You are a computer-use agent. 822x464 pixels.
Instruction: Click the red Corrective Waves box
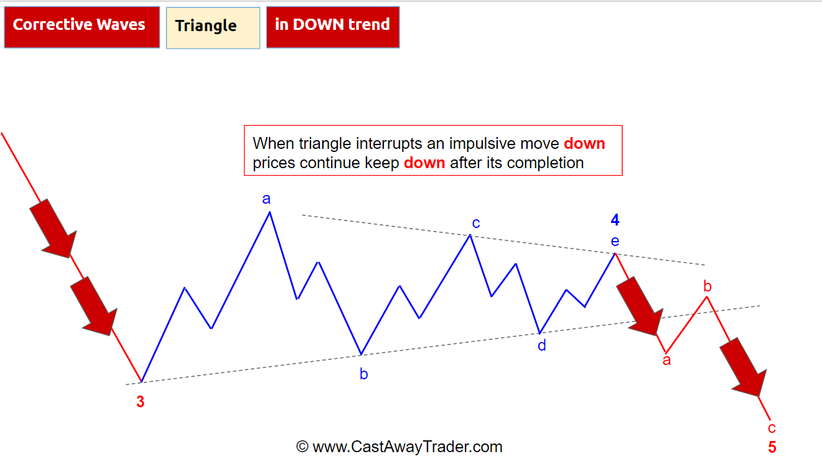(x=82, y=27)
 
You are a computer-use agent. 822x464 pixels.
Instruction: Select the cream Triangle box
(x=213, y=27)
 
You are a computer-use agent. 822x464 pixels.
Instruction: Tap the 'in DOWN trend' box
(x=333, y=27)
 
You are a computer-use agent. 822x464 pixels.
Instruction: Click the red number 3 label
(x=140, y=402)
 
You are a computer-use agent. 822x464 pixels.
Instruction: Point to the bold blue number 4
(x=615, y=220)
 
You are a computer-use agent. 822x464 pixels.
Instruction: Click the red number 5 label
(x=772, y=447)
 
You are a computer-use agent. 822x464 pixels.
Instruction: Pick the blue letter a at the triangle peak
(x=266, y=199)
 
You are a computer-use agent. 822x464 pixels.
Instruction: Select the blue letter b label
(x=363, y=374)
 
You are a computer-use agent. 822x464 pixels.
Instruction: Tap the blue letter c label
(x=476, y=223)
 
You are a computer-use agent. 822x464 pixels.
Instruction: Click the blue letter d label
(x=541, y=345)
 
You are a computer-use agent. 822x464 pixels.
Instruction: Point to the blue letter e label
(x=615, y=241)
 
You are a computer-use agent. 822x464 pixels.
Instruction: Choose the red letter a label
(x=666, y=361)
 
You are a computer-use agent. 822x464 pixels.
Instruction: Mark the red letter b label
(x=708, y=286)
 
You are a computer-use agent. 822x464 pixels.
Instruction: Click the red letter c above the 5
(x=772, y=428)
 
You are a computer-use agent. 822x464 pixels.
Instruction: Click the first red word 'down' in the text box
(x=584, y=143)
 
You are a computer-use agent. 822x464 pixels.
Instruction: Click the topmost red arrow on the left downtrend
(x=54, y=229)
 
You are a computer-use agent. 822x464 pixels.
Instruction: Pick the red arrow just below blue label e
(x=640, y=306)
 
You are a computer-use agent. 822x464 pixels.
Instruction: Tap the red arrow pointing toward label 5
(x=744, y=367)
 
